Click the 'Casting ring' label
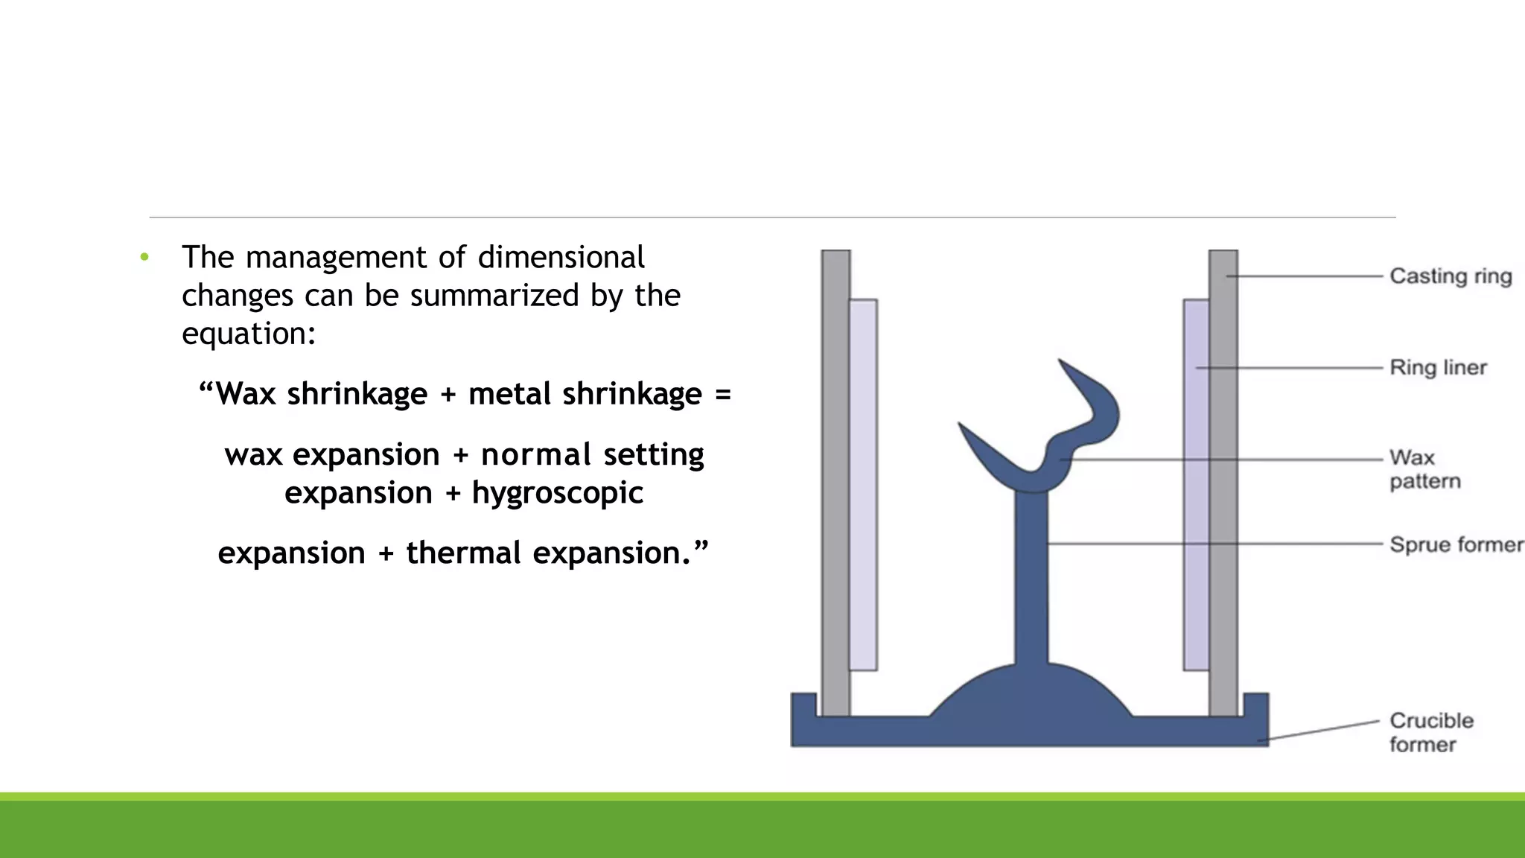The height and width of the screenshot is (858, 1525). coord(1451,276)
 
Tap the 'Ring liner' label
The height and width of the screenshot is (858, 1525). coord(1438,367)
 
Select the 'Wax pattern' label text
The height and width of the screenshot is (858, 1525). coord(1424,469)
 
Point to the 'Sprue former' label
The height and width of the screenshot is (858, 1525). coord(1456,544)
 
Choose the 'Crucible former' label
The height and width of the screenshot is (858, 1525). coord(1431,732)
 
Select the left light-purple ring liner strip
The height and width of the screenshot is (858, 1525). coord(863,484)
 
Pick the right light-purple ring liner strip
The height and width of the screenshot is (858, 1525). coord(1196,484)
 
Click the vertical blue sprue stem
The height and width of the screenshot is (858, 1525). coord(1031,581)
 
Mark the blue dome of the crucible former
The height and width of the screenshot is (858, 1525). coord(1031,693)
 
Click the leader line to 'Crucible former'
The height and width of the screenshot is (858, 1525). coord(1322,730)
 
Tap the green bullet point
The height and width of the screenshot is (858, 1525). coord(144,258)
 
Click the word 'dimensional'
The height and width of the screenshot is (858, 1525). coord(561,258)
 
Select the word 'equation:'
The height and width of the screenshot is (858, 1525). coord(249,334)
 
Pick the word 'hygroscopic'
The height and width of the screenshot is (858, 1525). coord(558,493)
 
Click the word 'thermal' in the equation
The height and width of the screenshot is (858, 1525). coord(463,553)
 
